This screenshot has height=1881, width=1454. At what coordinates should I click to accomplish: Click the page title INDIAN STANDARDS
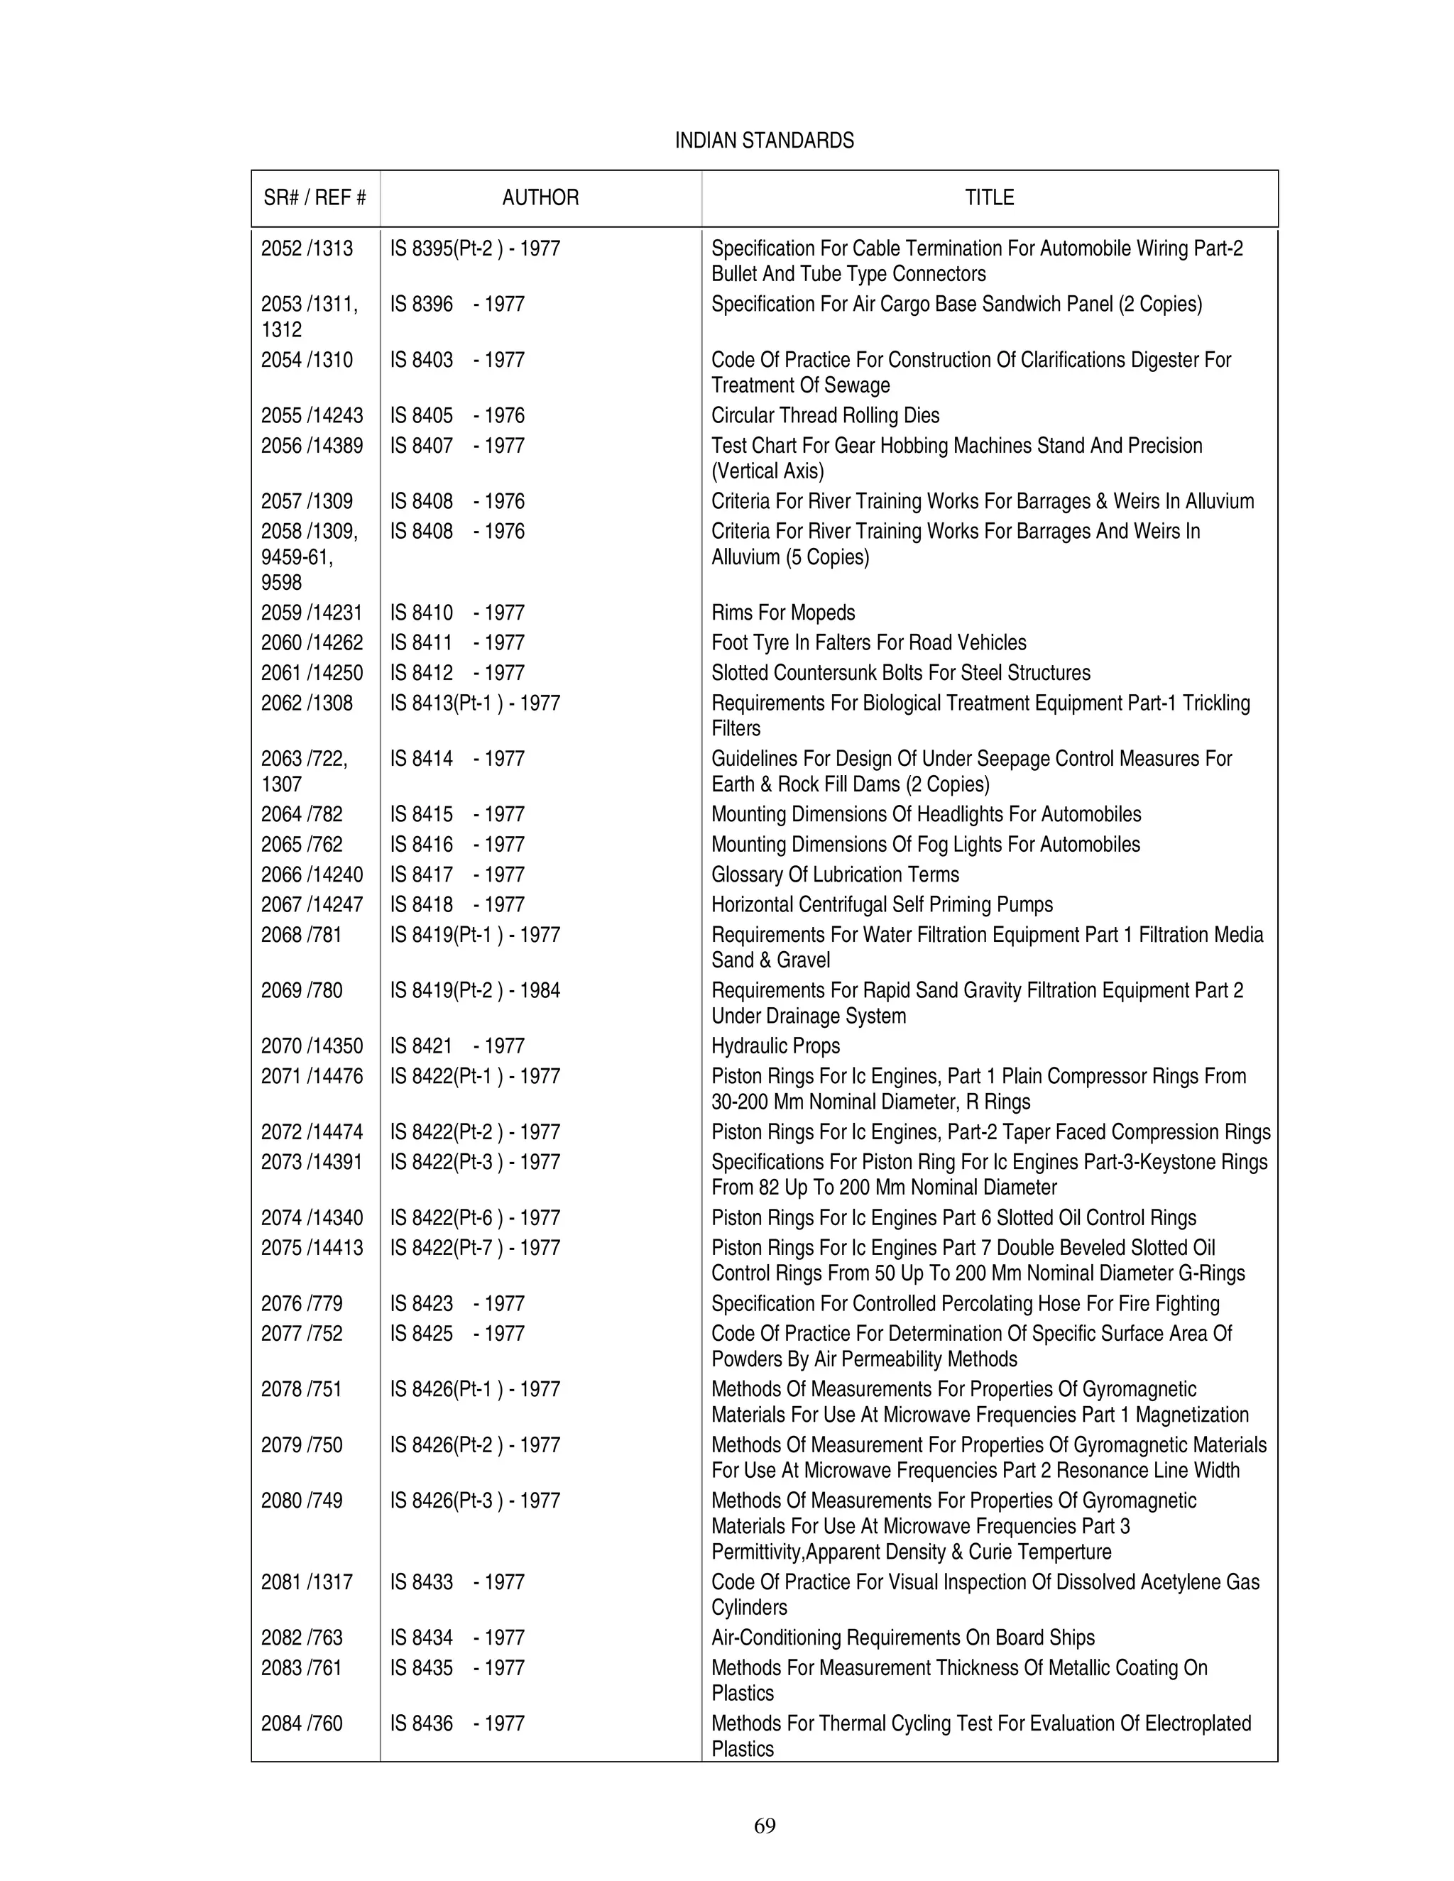pyautogui.click(x=764, y=141)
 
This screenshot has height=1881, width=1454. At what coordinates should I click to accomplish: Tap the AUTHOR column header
pyautogui.click(x=540, y=198)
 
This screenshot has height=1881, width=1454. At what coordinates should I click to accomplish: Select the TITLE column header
pyautogui.click(x=989, y=198)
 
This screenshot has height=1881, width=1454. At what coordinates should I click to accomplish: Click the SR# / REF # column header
pyautogui.click(x=315, y=198)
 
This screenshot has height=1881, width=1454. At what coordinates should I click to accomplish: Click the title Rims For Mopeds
pyautogui.click(x=783, y=613)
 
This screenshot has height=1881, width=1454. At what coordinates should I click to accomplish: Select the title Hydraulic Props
pyautogui.click(x=775, y=1046)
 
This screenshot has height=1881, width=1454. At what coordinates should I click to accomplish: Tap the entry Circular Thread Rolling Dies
pyautogui.click(x=824, y=416)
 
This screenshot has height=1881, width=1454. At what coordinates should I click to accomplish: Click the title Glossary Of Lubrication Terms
pyautogui.click(x=835, y=875)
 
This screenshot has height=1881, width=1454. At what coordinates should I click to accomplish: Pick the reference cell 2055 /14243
pyautogui.click(x=312, y=416)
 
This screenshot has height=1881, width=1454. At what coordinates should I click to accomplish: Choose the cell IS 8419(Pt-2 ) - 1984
pyautogui.click(x=475, y=992)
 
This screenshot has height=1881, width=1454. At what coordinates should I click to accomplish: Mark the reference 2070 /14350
pyautogui.click(x=312, y=1046)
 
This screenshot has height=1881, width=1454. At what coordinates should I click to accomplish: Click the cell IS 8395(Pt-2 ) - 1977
pyautogui.click(x=475, y=249)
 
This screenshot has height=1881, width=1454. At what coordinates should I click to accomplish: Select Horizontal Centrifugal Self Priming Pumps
pyautogui.click(x=881, y=905)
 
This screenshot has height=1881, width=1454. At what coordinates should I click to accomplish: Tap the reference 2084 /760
pyautogui.click(x=302, y=1723)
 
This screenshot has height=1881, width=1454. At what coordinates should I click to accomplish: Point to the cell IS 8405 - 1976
pyautogui.click(x=457, y=416)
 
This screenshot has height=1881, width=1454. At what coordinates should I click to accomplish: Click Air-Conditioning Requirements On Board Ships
pyautogui.click(x=903, y=1638)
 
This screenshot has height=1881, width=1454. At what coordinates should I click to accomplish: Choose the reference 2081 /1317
pyautogui.click(x=307, y=1582)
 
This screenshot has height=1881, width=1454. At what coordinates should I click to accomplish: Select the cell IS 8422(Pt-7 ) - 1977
pyautogui.click(x=475, y=1248)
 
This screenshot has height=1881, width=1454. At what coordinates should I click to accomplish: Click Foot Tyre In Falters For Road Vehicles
pyautogui.click(x=868, y=643)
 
